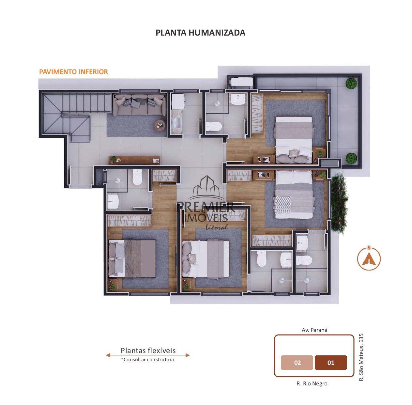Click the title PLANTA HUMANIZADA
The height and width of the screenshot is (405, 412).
point(200,33)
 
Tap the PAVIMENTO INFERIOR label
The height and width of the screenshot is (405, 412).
point(73,72)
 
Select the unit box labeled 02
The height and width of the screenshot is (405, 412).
point(297,363)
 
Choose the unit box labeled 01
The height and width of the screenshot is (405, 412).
point(331,363)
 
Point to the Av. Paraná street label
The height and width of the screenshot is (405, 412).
point(314,330)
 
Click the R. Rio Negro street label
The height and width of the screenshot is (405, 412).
point(312,383)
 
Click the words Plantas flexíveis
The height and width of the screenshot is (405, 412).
point(148,350)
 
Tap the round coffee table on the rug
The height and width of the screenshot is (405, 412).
point(160,125)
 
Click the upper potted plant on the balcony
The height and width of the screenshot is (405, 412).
point(351,83)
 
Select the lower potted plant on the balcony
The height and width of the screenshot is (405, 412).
point(351,158)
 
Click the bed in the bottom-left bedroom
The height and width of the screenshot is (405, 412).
point(132,258)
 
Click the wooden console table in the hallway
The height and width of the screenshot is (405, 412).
point(135,160)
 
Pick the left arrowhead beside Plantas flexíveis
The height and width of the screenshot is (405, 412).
point(108,355)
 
